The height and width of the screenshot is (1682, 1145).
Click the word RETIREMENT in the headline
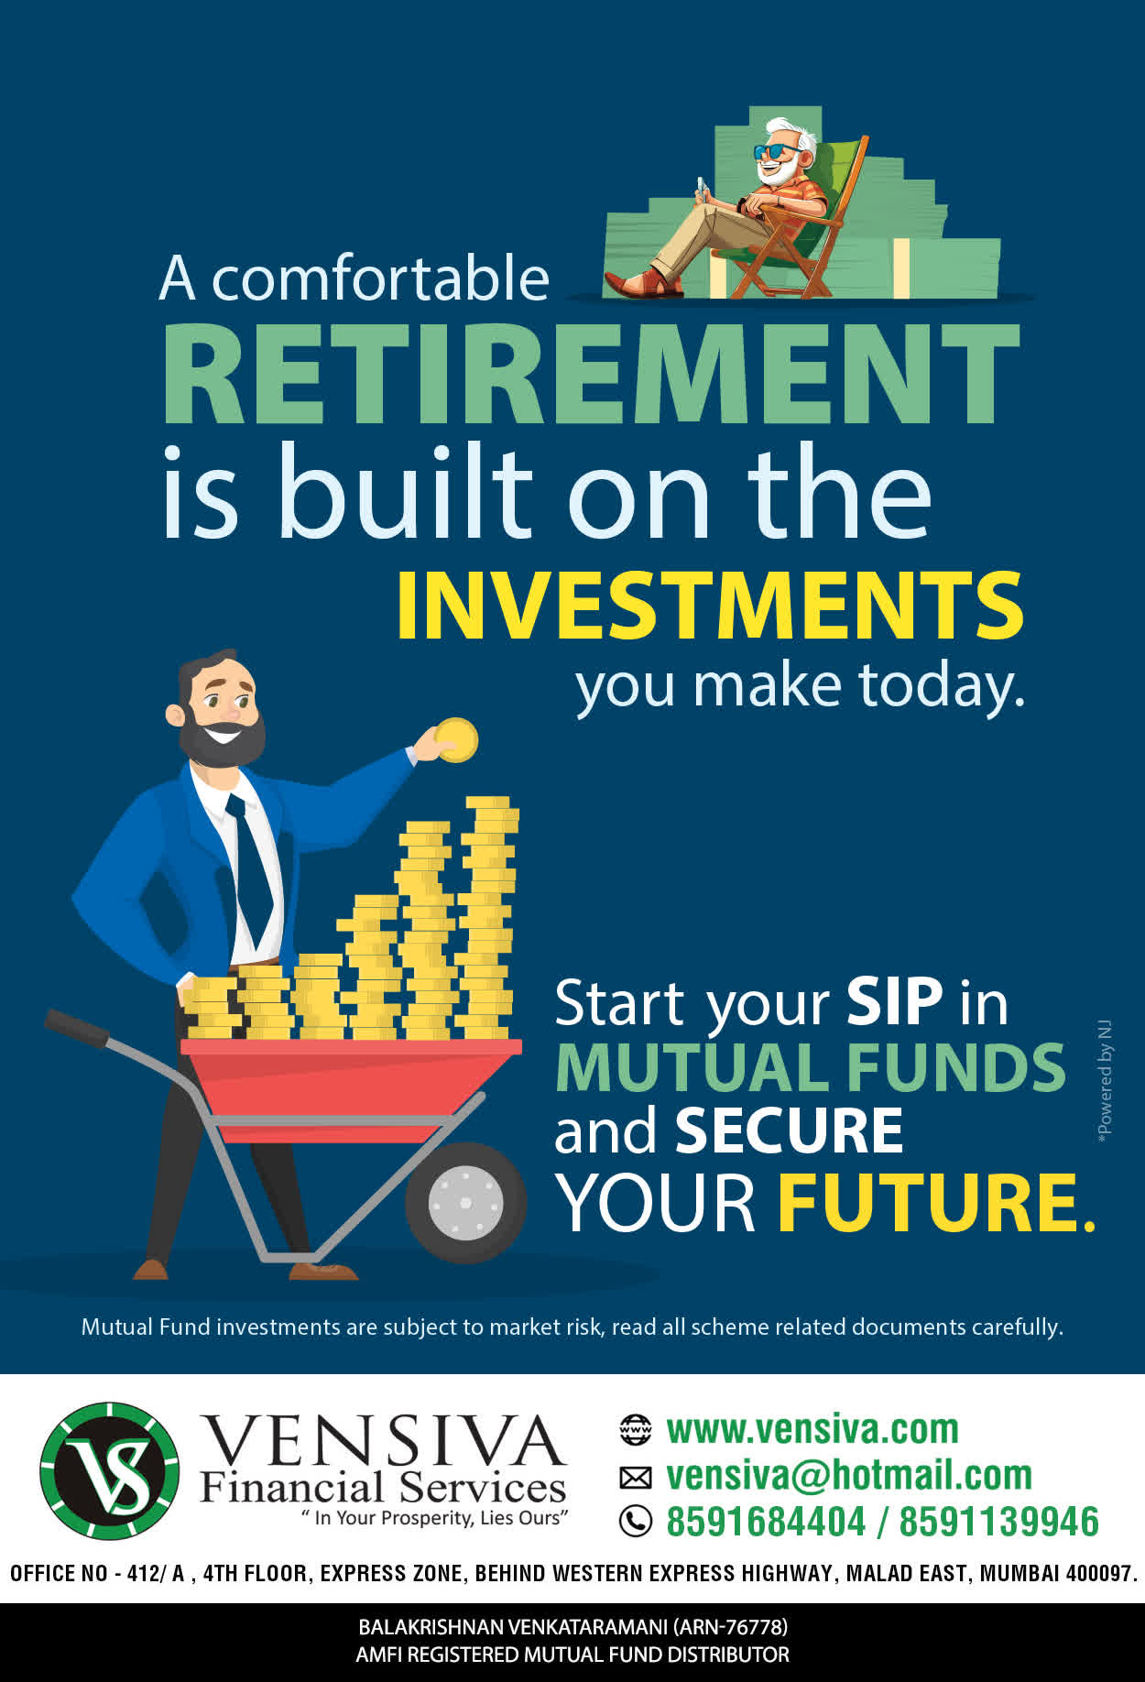tap(591, 375)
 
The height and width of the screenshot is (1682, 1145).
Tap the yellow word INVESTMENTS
tap(710, 606)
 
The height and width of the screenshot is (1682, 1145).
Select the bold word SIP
tap(894, 1001)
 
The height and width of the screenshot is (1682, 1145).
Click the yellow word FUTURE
tap(936, 1202)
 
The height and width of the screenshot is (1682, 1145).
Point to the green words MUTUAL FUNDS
tap(811, 1067)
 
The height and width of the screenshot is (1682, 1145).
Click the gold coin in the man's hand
tap(456, 740)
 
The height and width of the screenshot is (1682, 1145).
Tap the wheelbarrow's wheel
tap(465, 1202)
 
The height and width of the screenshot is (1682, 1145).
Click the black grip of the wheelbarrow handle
tap(77, 1027)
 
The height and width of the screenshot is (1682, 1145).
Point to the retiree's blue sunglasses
tap(776, 151)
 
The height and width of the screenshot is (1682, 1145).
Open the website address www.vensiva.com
tap(812, 1429)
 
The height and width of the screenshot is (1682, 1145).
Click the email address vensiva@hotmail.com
tap(849, 1475)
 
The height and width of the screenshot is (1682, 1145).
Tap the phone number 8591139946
tap(998, 1522)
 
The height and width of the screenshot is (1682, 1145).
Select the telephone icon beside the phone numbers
tap(636, 1522)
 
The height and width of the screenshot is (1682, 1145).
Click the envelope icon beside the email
tap(636, 1477)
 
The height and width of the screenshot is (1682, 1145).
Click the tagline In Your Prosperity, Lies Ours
tap(435, 1518)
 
